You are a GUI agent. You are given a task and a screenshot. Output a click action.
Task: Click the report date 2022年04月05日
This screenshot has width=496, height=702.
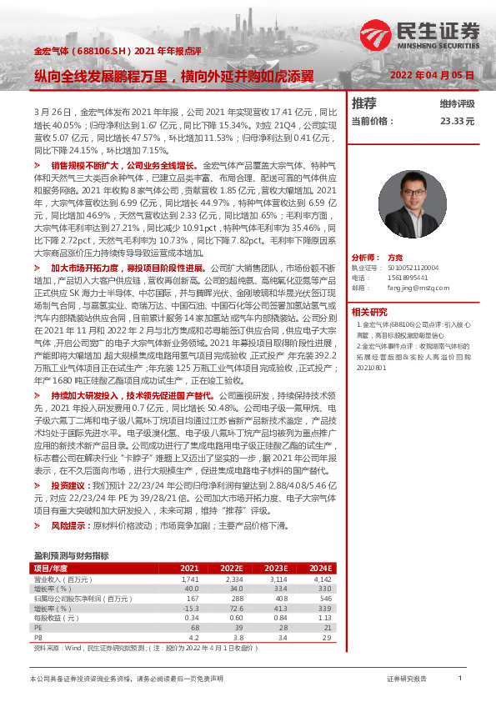(x=433, y=75)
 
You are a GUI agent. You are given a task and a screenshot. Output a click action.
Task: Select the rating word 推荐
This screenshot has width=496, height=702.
(x=364, y=103)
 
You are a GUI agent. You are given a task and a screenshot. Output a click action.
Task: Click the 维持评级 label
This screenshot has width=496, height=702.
(x=457, y=104)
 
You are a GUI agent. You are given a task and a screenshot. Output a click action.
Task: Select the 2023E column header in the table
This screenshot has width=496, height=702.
(x=277, y=568)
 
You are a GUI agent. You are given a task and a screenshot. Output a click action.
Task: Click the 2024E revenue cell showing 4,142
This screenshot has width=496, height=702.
(x=322, y=578)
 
